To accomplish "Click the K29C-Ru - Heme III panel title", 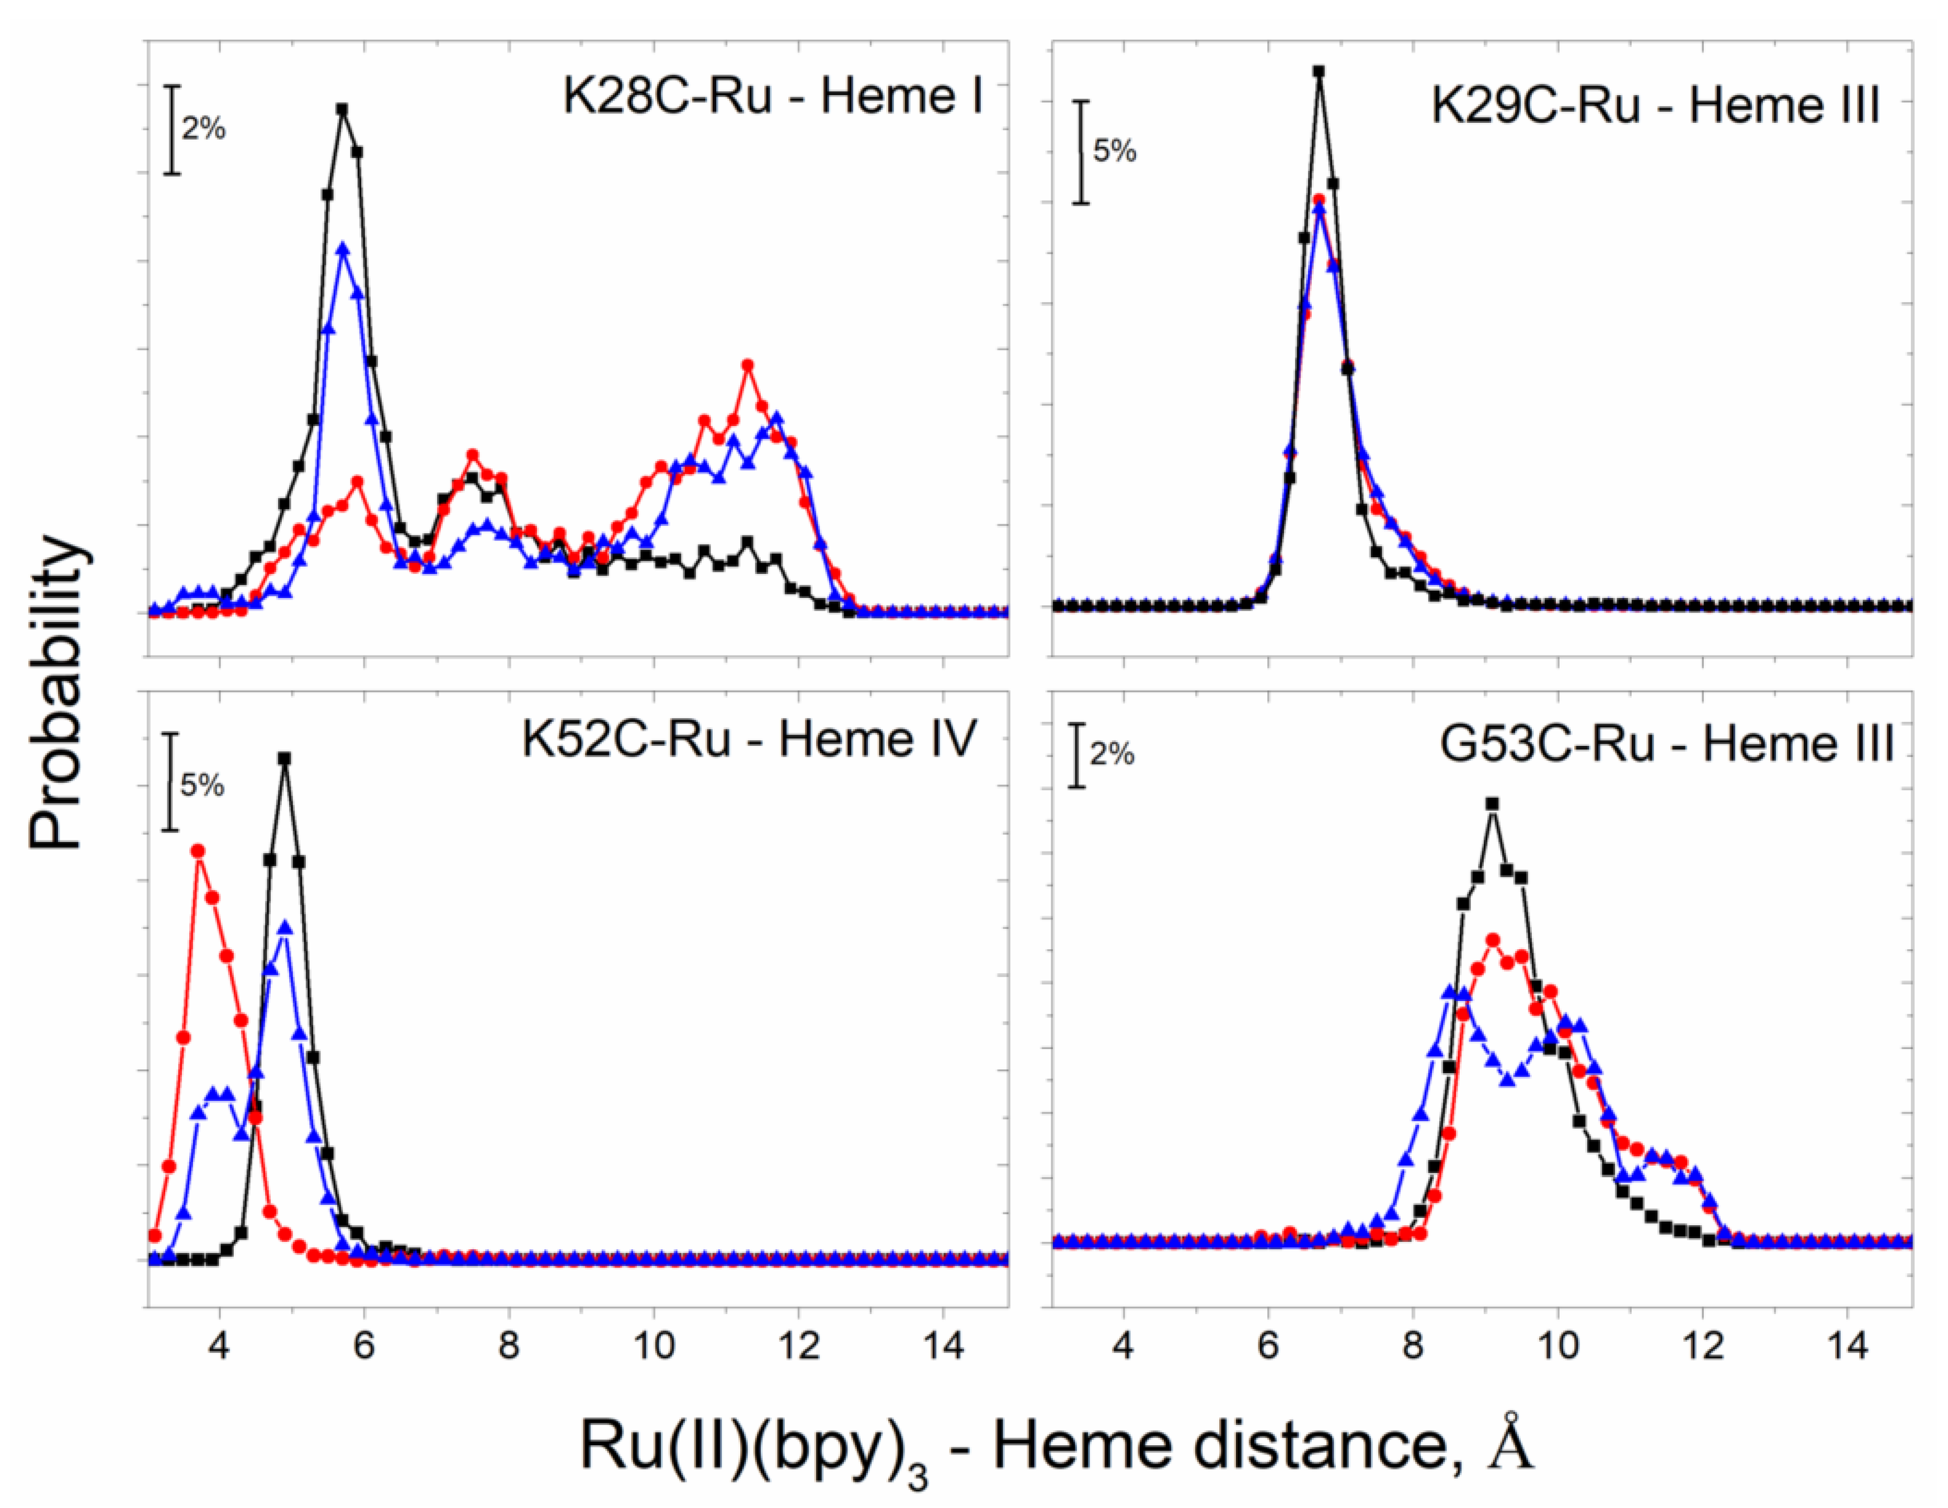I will (x=1655, y=108).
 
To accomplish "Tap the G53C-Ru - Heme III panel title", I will (x=1666, y=745).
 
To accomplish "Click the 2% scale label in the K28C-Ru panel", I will (x=204, y=130).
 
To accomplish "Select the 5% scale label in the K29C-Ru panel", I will (x=1115, y=152).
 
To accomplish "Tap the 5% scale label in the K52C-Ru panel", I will (x=202, y=786).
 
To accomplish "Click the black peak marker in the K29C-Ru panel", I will (x=1319, y=71).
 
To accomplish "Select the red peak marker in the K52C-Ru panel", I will (x=199, y=851).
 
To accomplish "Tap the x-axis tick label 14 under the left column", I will (x=943, y=1345).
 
